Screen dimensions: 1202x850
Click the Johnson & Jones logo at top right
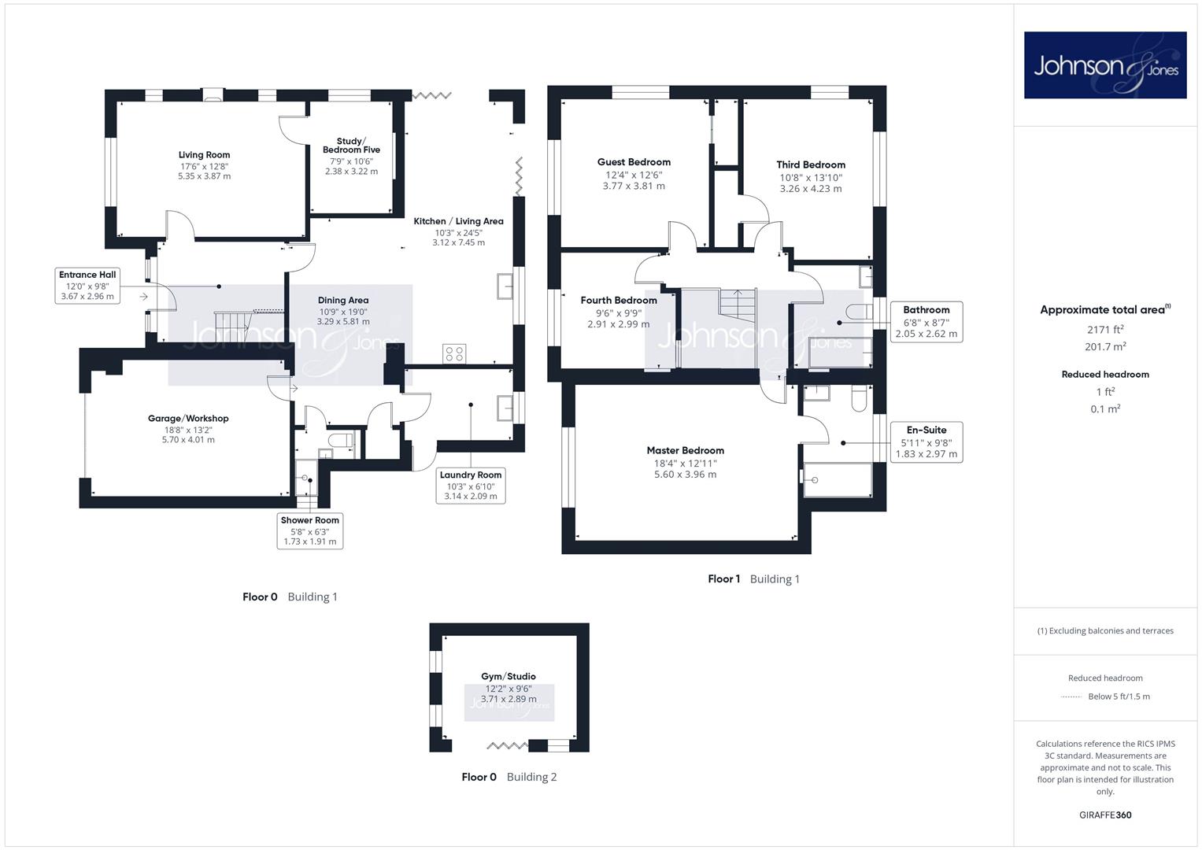[x=1105, y=65]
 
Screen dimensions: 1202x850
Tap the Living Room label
[x=204, y=155]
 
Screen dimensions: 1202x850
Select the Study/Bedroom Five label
[x=351, y=146]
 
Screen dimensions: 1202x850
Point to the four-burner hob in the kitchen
[x=454, y=353]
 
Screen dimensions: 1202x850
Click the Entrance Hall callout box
[x=87, y=286]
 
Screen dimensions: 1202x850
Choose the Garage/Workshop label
[x=188, y=419]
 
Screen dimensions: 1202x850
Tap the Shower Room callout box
[x=310, y=530]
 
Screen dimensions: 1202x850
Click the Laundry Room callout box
[x=471, y=485]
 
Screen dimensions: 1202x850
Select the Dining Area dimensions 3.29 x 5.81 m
[x=343, y=321]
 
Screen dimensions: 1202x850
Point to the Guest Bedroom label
[x=634, y=162]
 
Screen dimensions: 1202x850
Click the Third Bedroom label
[x=810, y=164]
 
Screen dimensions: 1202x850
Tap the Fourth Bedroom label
[x=618, y=301]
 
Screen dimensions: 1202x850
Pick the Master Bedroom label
[x=686, y=451]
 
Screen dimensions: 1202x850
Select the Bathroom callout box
[x=926, y=322]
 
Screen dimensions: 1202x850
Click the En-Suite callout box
[x=926, y=442]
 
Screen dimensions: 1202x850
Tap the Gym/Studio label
[x=509, y=677]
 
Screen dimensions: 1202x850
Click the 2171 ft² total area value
[x=1105, y=330]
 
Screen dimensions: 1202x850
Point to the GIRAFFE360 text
[x=1105, y=815]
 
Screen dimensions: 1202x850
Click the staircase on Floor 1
[x=738, y=305]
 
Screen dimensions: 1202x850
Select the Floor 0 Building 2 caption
[x=509, y=777]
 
